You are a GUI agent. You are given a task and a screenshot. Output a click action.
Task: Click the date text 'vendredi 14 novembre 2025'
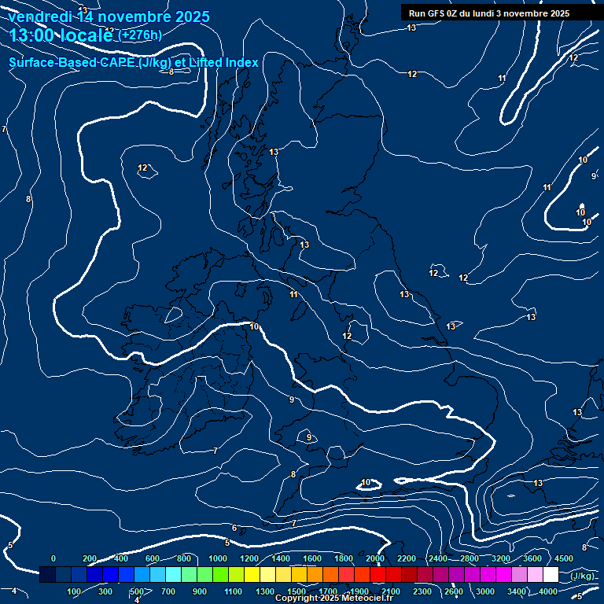pyautogui.click(x=109, y=17)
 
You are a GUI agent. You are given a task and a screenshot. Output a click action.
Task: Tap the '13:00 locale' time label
pyautogui.click(x=61, y=35)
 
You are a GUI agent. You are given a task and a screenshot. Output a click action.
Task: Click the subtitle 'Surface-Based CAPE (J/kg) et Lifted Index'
pyautogui.click(x=134, y=62)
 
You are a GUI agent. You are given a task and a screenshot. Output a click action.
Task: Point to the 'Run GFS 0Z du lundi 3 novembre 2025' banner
pyautogui.click(x=488, y=13)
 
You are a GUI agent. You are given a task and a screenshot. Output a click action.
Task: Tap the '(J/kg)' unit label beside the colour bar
pyautogui.click(x=582, y=576)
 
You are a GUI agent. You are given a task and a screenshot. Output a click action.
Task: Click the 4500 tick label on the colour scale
pyautogui.click(x=563, y=558)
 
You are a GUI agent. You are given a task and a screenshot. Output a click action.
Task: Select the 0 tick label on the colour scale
pyautogui.click(x=53, y=558)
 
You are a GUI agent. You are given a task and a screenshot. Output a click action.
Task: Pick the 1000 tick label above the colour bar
pyautogui.click(x=217, y=558)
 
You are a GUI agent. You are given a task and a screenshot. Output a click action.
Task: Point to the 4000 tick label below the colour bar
pyautogui.click(x=548, y=591)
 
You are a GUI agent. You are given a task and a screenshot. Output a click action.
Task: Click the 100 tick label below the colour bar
pyautogui.click(x=74, y=591)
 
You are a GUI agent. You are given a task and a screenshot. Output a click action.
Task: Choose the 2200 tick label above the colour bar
pyautogui.click(x=407, y=558)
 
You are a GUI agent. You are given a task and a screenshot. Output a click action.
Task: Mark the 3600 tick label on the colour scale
pyautogui.click(x=532, y=558)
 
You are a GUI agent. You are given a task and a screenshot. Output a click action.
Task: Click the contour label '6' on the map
pyautogui.click(x=234, y=528)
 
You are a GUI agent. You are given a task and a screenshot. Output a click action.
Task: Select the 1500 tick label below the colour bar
pyautogui.click(x=296, y=591)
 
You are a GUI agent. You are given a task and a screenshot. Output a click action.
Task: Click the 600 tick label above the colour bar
pyautogui.click(x=153, y=558)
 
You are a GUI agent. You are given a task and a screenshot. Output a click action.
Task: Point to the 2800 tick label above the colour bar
pyautogui.click(x=470, y=558)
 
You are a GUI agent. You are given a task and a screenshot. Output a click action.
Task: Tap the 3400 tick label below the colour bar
pyautogui.click(x=517, y=591)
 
